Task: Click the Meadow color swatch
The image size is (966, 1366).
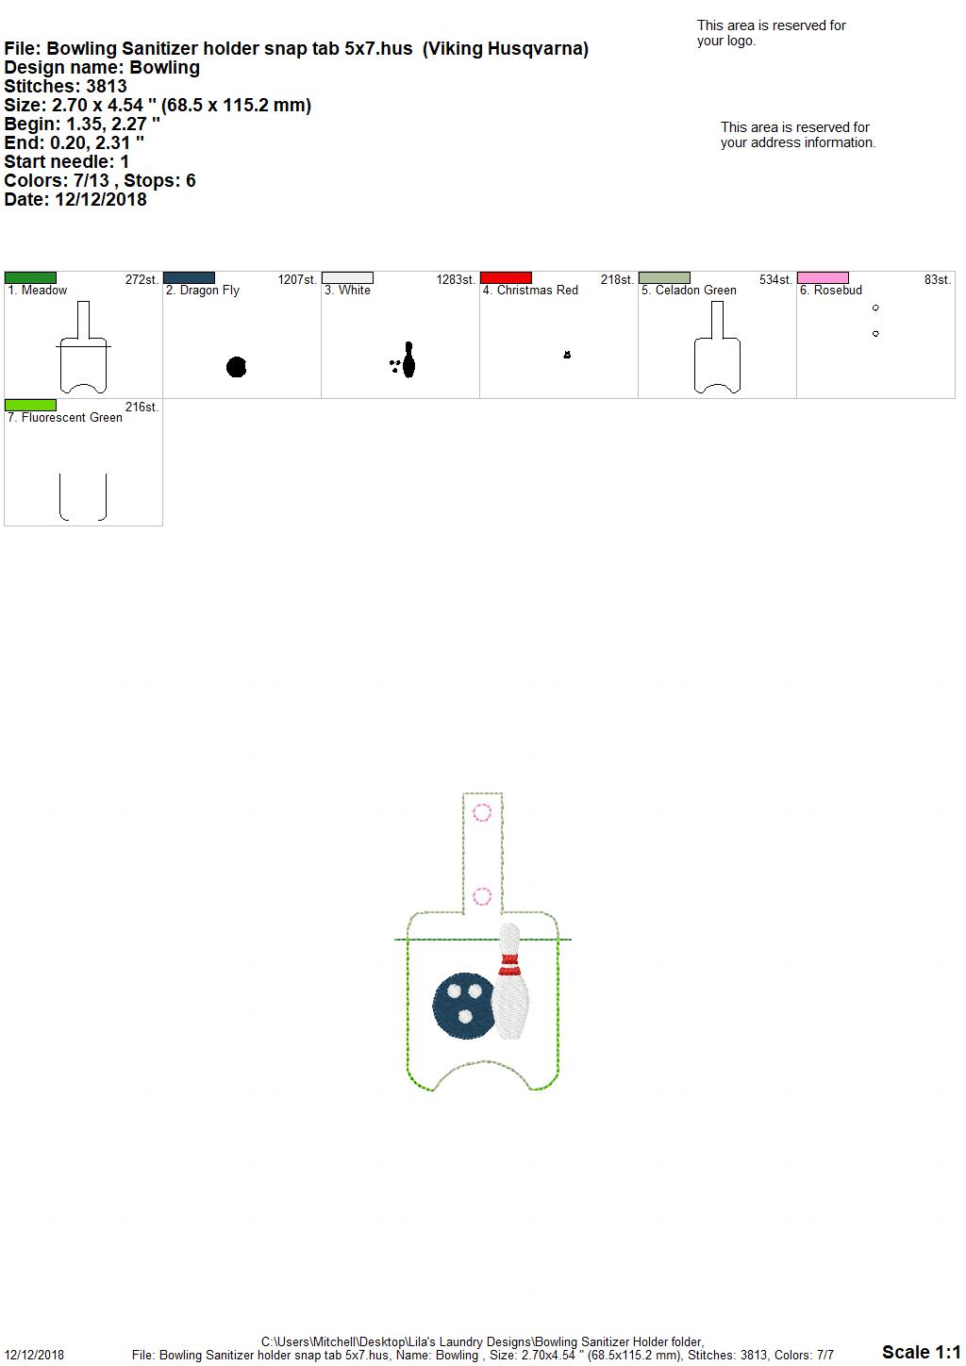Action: point(30,278)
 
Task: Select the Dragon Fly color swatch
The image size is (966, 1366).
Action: point(189,278)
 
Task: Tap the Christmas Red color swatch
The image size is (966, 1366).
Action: point(507,278)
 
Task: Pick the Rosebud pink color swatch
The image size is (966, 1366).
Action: point(824,278)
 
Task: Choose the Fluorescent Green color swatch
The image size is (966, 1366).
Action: point(30,406)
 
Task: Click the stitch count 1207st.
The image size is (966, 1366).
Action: point(297,280)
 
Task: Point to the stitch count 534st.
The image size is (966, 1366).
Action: point(775,280)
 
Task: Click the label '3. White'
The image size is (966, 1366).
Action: point(347,291)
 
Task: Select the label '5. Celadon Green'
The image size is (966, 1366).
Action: point(689,291)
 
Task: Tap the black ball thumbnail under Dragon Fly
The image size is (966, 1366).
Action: point(236,367)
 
